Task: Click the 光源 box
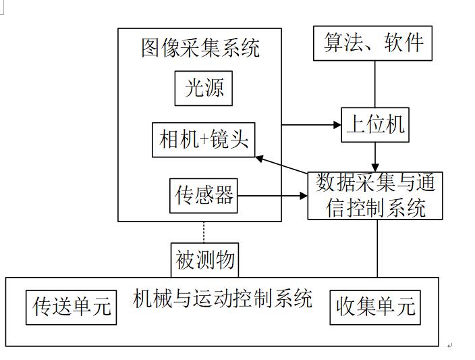click(x=204, y=88)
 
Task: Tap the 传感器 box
click(x=204, y=196)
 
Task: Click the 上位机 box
click(x=375, y=124)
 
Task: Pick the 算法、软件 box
click(x=372, y=43)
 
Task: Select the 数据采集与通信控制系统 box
click(x=376, y=195)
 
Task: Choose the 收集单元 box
click(x=375, y=307)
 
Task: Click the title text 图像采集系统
click(x=200, y=48)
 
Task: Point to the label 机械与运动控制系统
click(x=223, y=299)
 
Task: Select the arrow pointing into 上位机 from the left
click(x=310, y=125)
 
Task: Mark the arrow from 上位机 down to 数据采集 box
click(x=376, y=157)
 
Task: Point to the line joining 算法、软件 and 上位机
click(x=375, y=84)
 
